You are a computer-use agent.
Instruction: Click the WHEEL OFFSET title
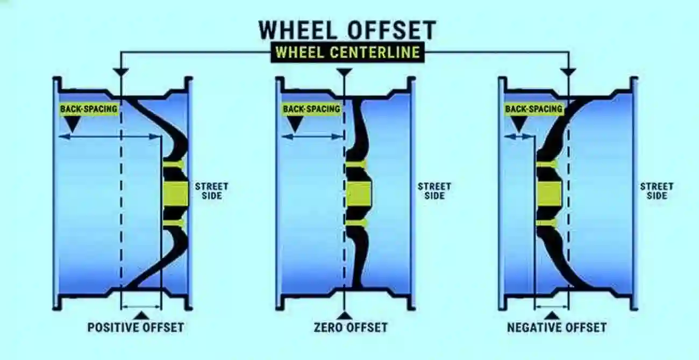347,30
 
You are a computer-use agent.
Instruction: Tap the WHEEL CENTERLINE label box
348,53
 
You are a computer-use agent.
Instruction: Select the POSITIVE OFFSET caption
135,328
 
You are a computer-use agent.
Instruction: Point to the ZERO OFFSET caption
351,328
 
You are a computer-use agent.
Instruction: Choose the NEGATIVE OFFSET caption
557,328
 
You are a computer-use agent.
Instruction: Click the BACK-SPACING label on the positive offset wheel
89,109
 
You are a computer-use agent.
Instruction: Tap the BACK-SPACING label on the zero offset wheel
311,109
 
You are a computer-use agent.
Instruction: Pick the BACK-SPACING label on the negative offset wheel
534,109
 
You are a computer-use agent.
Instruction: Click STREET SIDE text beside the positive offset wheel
211,191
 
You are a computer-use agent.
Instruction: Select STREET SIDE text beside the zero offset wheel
434,191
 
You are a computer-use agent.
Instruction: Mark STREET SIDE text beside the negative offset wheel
657,191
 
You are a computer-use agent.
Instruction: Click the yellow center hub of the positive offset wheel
176,194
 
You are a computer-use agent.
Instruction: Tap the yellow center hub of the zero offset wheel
359,194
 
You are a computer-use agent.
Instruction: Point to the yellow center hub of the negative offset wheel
549,194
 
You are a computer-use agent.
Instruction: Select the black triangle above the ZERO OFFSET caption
345,315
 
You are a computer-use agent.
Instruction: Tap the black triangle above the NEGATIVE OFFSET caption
552,315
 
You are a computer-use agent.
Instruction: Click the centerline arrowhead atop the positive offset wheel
121,73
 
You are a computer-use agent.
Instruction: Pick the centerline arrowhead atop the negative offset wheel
568,73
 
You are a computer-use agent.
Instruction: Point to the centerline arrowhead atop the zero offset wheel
345,73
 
